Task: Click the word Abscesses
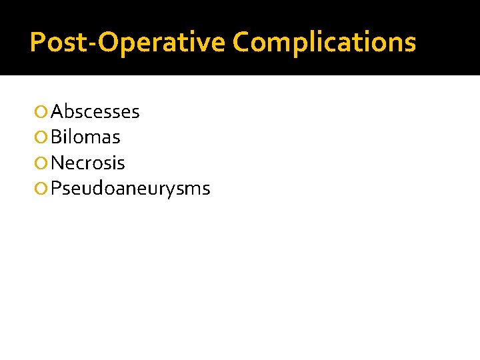[x=95, y=111]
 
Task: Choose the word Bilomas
[x=85, y=137]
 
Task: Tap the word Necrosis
[x=88, y=163]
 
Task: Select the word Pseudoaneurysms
[x=131, y=189]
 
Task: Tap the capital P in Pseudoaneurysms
[x=56, y=189]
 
